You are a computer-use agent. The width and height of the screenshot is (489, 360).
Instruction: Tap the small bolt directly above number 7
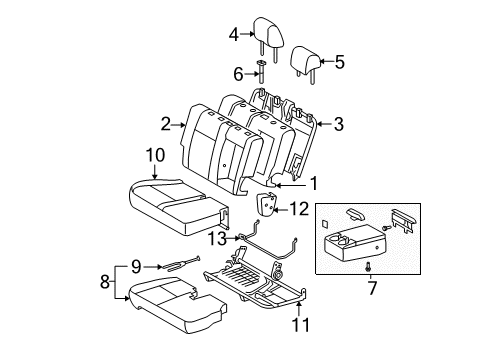[371, 294]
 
